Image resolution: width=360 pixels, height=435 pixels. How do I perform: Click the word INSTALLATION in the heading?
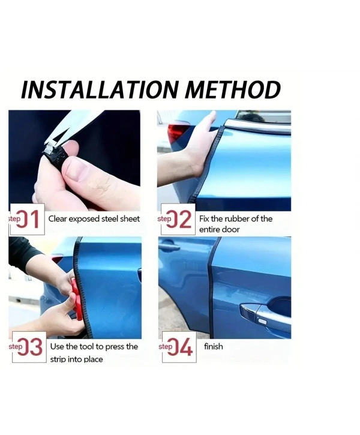[x=99, y=89]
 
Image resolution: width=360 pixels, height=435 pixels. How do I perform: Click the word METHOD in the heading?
[x=232, y=89]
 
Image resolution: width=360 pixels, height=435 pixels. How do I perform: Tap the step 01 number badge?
[x=27, y=219]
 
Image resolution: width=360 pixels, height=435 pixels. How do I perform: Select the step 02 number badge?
[x=178, y=219]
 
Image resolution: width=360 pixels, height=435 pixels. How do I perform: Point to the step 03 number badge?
[x=29, y=347]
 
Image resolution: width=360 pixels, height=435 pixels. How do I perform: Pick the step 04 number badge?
[x=179, y=347]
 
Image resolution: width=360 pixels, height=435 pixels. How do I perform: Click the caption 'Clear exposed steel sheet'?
[x=94, y=219]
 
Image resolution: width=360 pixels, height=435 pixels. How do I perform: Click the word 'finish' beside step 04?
[x=213, y=346]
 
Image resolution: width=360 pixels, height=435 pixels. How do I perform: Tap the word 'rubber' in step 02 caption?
[x=237, y=219]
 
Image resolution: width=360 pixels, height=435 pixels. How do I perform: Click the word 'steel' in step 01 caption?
[x=110, y=219]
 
